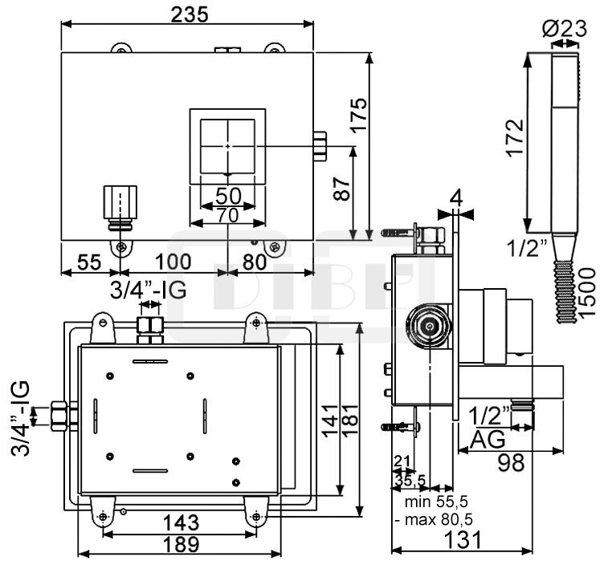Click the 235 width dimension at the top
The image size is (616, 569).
pos(190,14)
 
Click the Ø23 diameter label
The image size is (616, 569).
pos(565,29)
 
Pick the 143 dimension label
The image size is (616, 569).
pos(175,522)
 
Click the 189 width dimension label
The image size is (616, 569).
pos(177,543)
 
